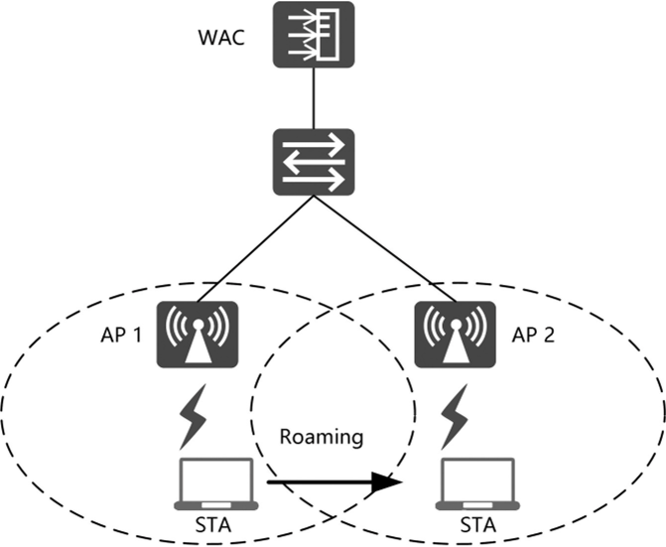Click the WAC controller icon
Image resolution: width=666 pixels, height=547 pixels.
click(x=314, y=35)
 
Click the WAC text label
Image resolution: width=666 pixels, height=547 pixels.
click(x=221, y=38)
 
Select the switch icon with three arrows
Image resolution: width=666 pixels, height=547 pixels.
click(x=314, y=162)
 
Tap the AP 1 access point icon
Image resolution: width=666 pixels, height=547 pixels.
click(x=198, y=335)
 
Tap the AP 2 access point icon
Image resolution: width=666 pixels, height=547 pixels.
click(x=456, y=335)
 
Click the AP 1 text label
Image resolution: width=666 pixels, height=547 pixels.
click(x=121, y=336)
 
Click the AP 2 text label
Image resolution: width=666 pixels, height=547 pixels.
click(x=533, y=336)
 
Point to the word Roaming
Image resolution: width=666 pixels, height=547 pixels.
click(x=322, y=437)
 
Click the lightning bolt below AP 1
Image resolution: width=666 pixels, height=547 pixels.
click(x=194, y=417)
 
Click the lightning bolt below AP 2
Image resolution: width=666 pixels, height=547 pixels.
click(x=455, y=417)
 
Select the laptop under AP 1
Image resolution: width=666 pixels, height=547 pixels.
click(x=216, y=483)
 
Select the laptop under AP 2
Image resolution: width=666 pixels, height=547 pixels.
click(x=477, y=483)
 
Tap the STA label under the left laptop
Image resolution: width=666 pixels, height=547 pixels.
click(x=213, y=525)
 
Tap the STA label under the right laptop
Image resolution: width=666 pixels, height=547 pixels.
click(x=478, y=525)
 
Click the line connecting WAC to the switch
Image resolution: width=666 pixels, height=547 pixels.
click(x=314, y=98)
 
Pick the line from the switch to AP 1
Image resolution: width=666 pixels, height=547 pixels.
click(x=255, y=249)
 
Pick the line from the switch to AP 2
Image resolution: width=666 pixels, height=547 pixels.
click(x=385, y=249)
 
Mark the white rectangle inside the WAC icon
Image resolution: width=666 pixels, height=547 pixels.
click(x=329, y=35)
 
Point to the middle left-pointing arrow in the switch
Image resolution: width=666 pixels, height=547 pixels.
click(x=314, y=162)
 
